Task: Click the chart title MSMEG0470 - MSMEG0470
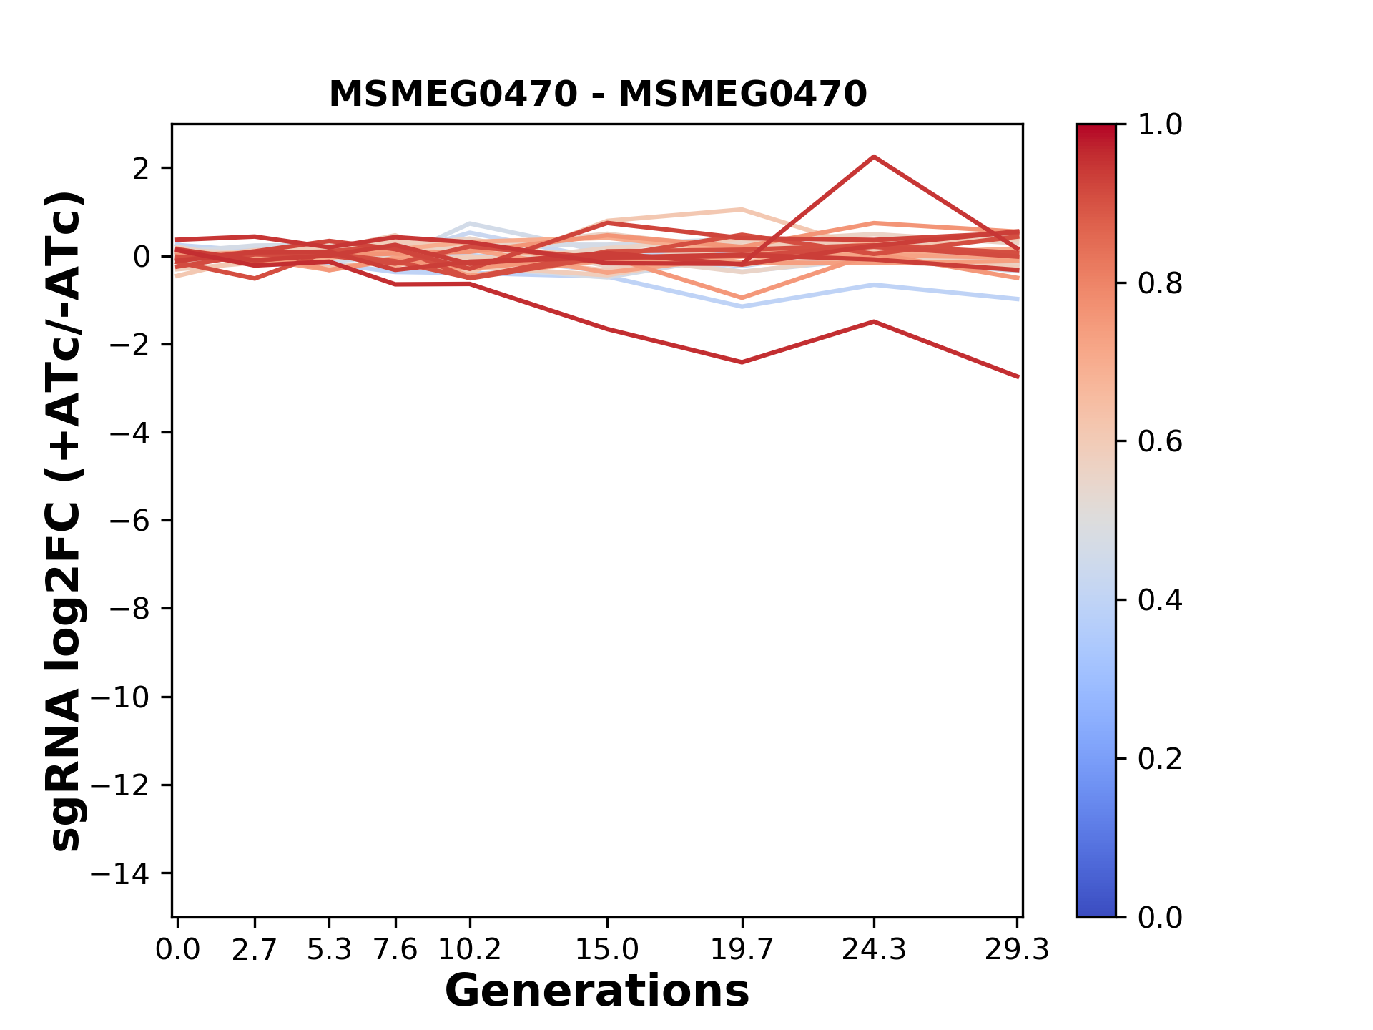coord(598,94)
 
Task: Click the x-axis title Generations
coord(597,991)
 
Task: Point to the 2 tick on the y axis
coord(141,169)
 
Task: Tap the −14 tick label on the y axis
coord(119,873)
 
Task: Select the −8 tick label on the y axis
coord(129,609)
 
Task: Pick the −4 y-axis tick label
coord(129,433)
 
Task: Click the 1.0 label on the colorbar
coord(1160,125)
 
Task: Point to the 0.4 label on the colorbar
coord(1160,600)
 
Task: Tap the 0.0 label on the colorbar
coord(1160,917)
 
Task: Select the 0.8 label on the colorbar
coord(1160,284)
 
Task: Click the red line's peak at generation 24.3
coord(874,157)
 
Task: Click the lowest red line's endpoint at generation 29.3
coord(1018,376)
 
